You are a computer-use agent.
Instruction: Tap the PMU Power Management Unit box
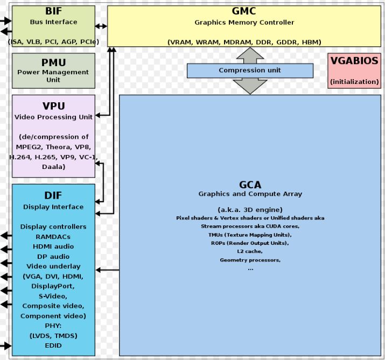pos(53,70)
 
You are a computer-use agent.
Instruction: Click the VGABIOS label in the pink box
pos(354,61)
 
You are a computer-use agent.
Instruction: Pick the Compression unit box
pos(250,70)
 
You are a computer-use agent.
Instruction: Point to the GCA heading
pos(250,185)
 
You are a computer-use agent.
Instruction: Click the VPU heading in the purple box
pos(53,106)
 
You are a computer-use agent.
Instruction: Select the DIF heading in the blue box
pos(53,196)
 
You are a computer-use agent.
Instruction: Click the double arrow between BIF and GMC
pos(101,26)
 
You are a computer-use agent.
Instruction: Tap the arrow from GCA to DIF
pos(107,270)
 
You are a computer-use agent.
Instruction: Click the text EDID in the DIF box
pos(53,345)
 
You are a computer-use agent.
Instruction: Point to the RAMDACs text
pos(53,236)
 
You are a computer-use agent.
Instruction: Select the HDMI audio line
pos(53,246)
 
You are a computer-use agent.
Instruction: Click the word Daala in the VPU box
pos(53,167)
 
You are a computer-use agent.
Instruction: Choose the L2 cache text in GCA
pos(250,251)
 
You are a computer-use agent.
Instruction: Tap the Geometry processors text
pos(250,260)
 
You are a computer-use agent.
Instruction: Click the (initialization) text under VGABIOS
pos(354,82)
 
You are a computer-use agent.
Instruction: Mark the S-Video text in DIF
pos(53,296)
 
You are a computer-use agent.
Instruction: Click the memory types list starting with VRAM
pos(244,41)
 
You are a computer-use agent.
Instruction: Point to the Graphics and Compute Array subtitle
pos(250,194)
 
